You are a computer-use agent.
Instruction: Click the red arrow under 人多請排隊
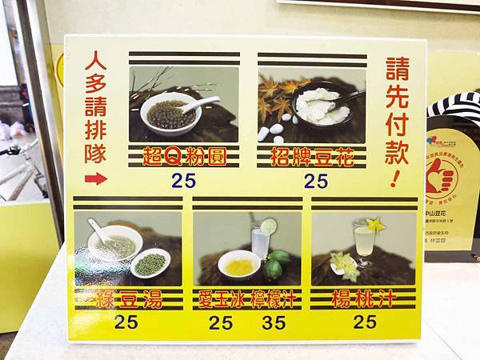pos(95,178)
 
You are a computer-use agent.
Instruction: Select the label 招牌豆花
pos(312,154)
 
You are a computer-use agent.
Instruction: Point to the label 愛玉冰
pos(221,301)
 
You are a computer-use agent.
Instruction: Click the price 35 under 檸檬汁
pos(274,323)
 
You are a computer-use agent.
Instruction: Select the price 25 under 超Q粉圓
pos(183,181)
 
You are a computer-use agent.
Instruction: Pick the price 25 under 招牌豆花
pos(312,181)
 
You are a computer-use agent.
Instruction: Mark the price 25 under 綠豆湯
pos(126,323)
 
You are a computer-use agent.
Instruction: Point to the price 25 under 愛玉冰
pos(221,323)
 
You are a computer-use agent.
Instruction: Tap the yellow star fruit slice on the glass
pos(375,226)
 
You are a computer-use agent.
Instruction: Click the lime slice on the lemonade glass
pos(268,226)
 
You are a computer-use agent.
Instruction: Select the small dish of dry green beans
pos(150,263)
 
